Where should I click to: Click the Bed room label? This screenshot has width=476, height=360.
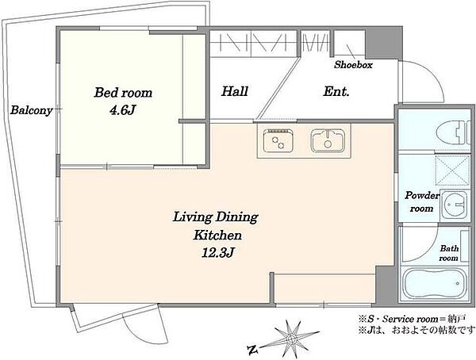(123, 92)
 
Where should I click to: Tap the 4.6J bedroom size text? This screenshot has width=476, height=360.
(122, 111)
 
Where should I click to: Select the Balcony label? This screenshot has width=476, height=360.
(31, 110)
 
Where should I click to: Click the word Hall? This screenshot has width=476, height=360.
(235, 91)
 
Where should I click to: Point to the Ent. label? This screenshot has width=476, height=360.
(336, 91)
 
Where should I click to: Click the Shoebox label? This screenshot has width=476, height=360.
(353, 65)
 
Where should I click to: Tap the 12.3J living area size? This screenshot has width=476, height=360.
(217, 252)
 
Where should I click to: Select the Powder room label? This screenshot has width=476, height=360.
(422, 202)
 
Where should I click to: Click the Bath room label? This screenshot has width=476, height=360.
(449, 253)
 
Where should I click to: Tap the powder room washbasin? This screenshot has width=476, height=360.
(454, 205)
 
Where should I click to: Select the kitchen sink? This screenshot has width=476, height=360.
(328, 140)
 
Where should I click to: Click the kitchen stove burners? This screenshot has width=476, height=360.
(278, 141)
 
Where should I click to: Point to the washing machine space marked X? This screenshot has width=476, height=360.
(452, 170)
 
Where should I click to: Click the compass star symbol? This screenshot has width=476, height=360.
(291, 338)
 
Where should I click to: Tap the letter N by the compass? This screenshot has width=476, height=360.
(252, 350)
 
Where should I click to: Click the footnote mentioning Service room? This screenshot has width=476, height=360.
(412, 319)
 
